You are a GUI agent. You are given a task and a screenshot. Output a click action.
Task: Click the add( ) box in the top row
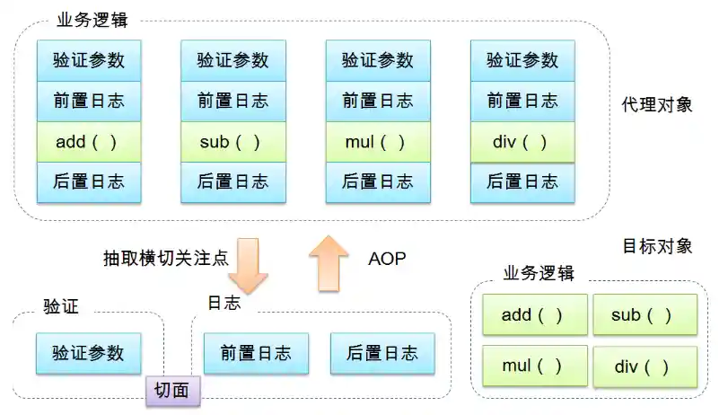click(x=88, y=142)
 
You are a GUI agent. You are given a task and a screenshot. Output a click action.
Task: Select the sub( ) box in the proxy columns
click(x=232, y=142)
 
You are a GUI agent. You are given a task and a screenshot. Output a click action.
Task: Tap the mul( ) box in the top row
click(x=377, y=142)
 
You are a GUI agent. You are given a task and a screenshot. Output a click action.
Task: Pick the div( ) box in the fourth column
click(x=522, y=142)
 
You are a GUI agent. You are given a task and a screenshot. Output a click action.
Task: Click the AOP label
click(x=387, y=259)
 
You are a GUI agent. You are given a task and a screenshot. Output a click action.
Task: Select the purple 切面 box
click(x=172, y=390)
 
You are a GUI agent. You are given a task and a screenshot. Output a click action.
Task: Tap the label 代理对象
click(x=657, y=104)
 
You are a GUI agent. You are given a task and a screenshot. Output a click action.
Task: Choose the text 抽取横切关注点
click(x=165, y=259)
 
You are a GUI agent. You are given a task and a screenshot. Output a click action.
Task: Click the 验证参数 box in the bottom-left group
click(x=88, y=353)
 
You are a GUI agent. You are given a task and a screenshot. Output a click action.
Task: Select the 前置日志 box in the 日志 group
click(x=255, y=353)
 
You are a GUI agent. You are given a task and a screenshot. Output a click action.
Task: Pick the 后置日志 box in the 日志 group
click(x=381, y=353)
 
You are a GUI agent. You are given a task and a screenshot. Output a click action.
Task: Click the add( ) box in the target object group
click(x=534, y=314)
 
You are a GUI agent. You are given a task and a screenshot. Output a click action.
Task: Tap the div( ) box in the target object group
click(x=644, y=366)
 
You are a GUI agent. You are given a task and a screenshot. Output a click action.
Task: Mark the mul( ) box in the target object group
click(x=534, y=366)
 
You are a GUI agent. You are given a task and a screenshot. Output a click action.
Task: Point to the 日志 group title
click(x=224, y=303)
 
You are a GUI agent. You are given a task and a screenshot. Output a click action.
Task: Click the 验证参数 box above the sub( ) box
click(x=232, y=60)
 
